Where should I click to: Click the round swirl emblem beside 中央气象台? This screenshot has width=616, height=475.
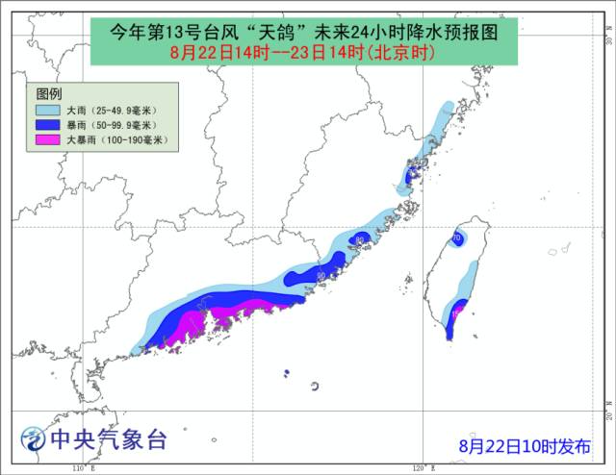point(35,440)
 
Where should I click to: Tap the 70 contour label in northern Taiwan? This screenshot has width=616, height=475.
point(456,237)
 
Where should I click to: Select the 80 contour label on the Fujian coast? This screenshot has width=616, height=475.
point(359,239)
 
